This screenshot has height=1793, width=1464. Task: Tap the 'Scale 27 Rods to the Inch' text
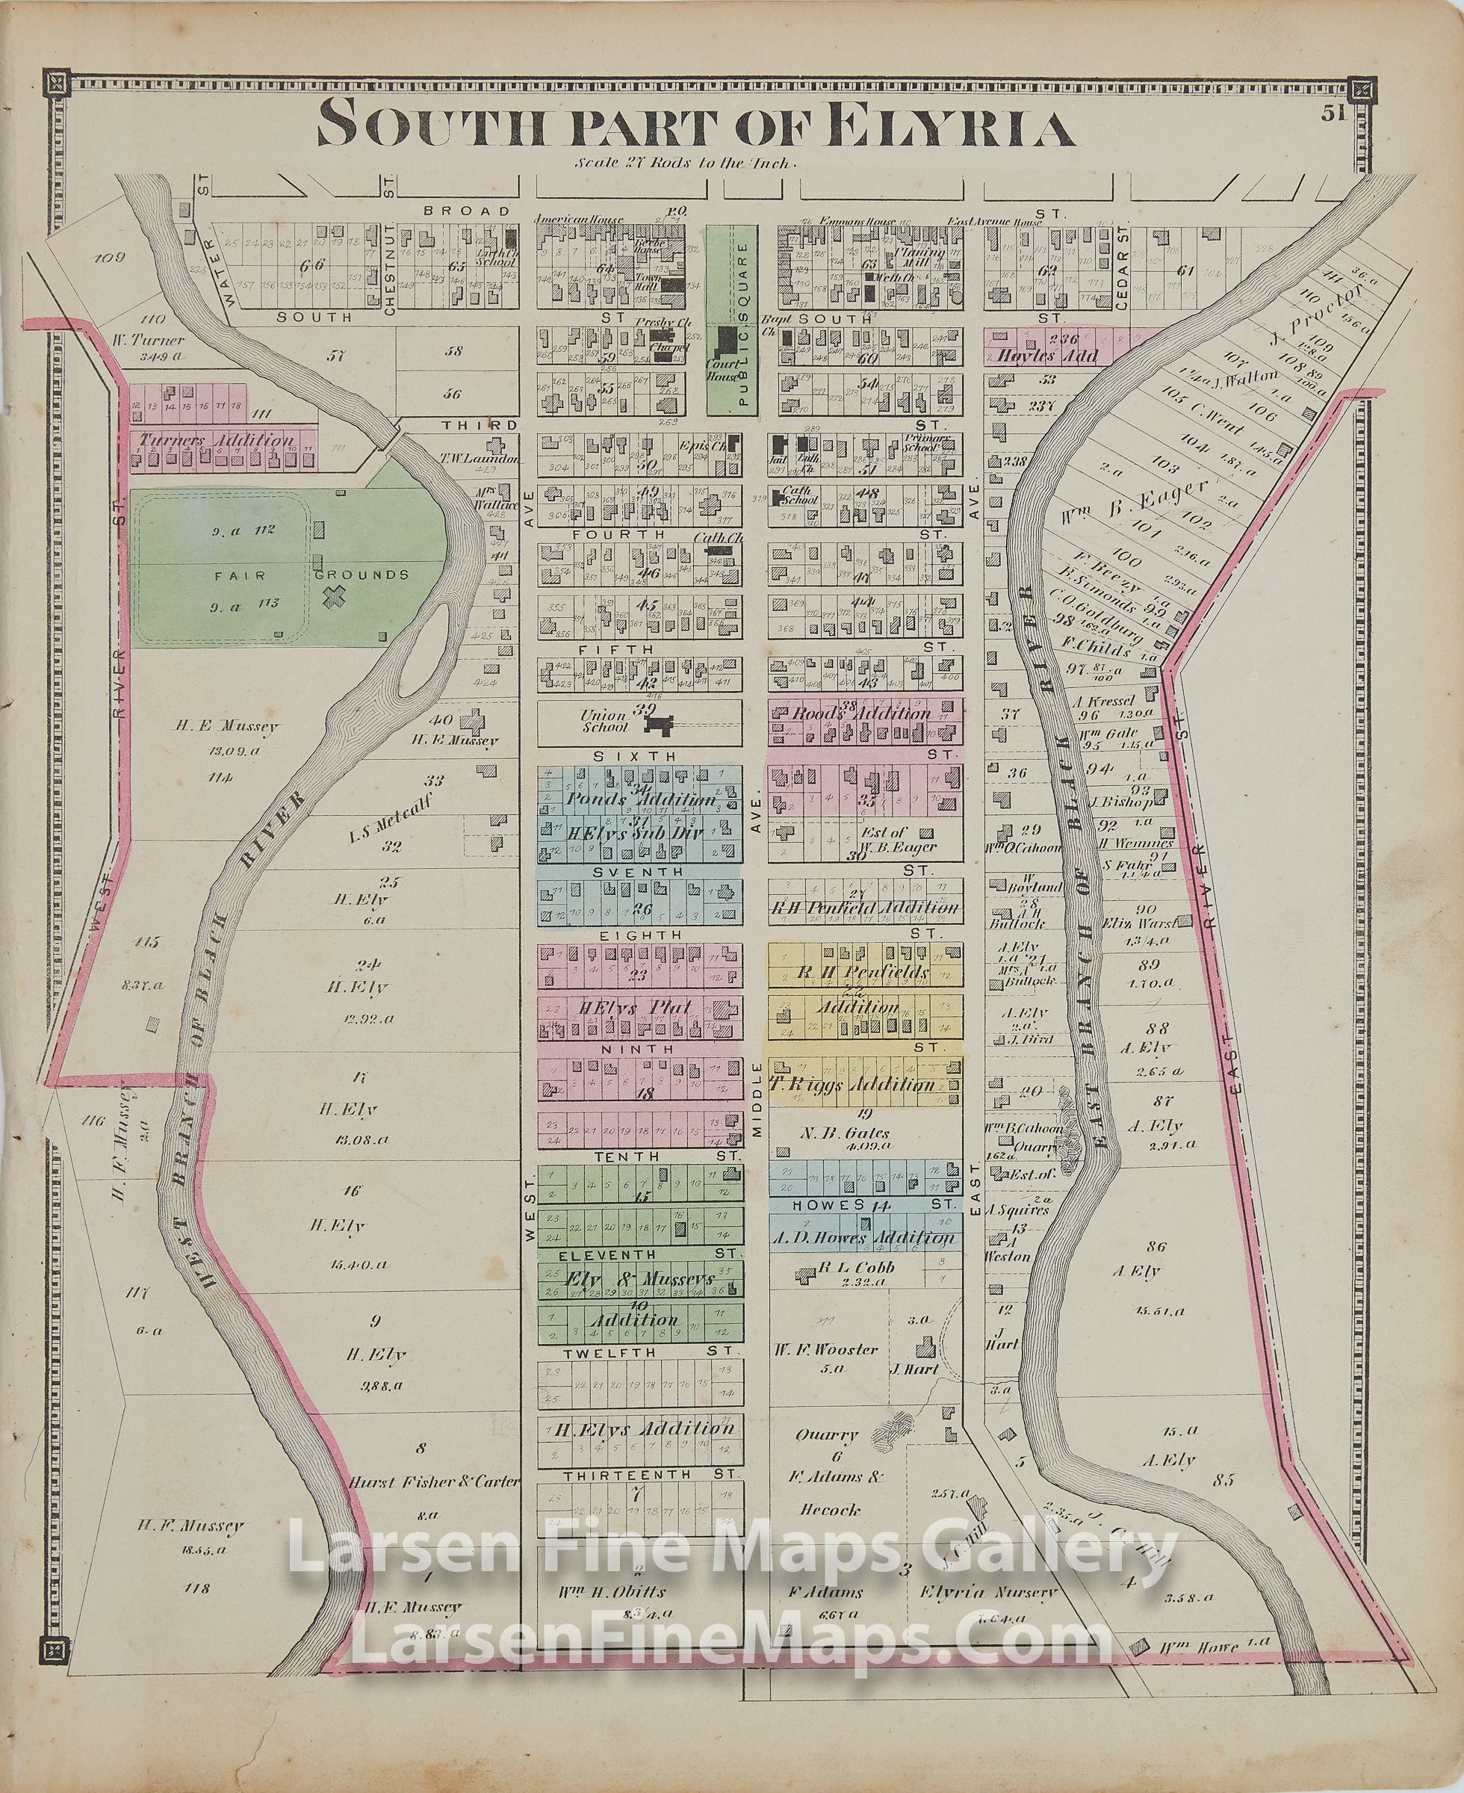pos(684,164)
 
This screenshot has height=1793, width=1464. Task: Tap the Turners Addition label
pos(217,440)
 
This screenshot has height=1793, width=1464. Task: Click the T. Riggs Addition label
pos(863,1085)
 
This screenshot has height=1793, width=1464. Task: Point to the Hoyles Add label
pos(1047,355)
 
